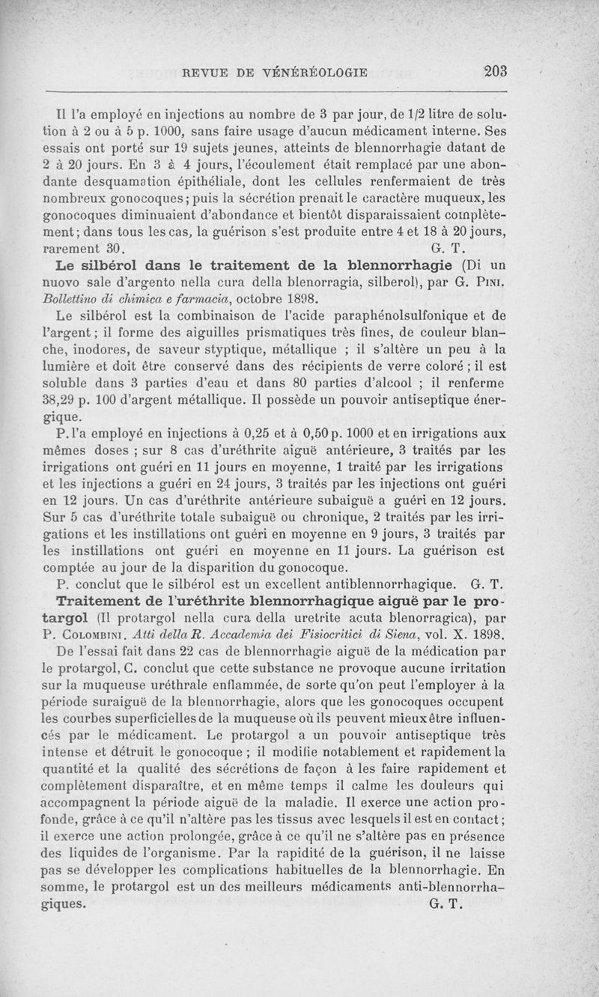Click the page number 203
(x=496, y=72)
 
